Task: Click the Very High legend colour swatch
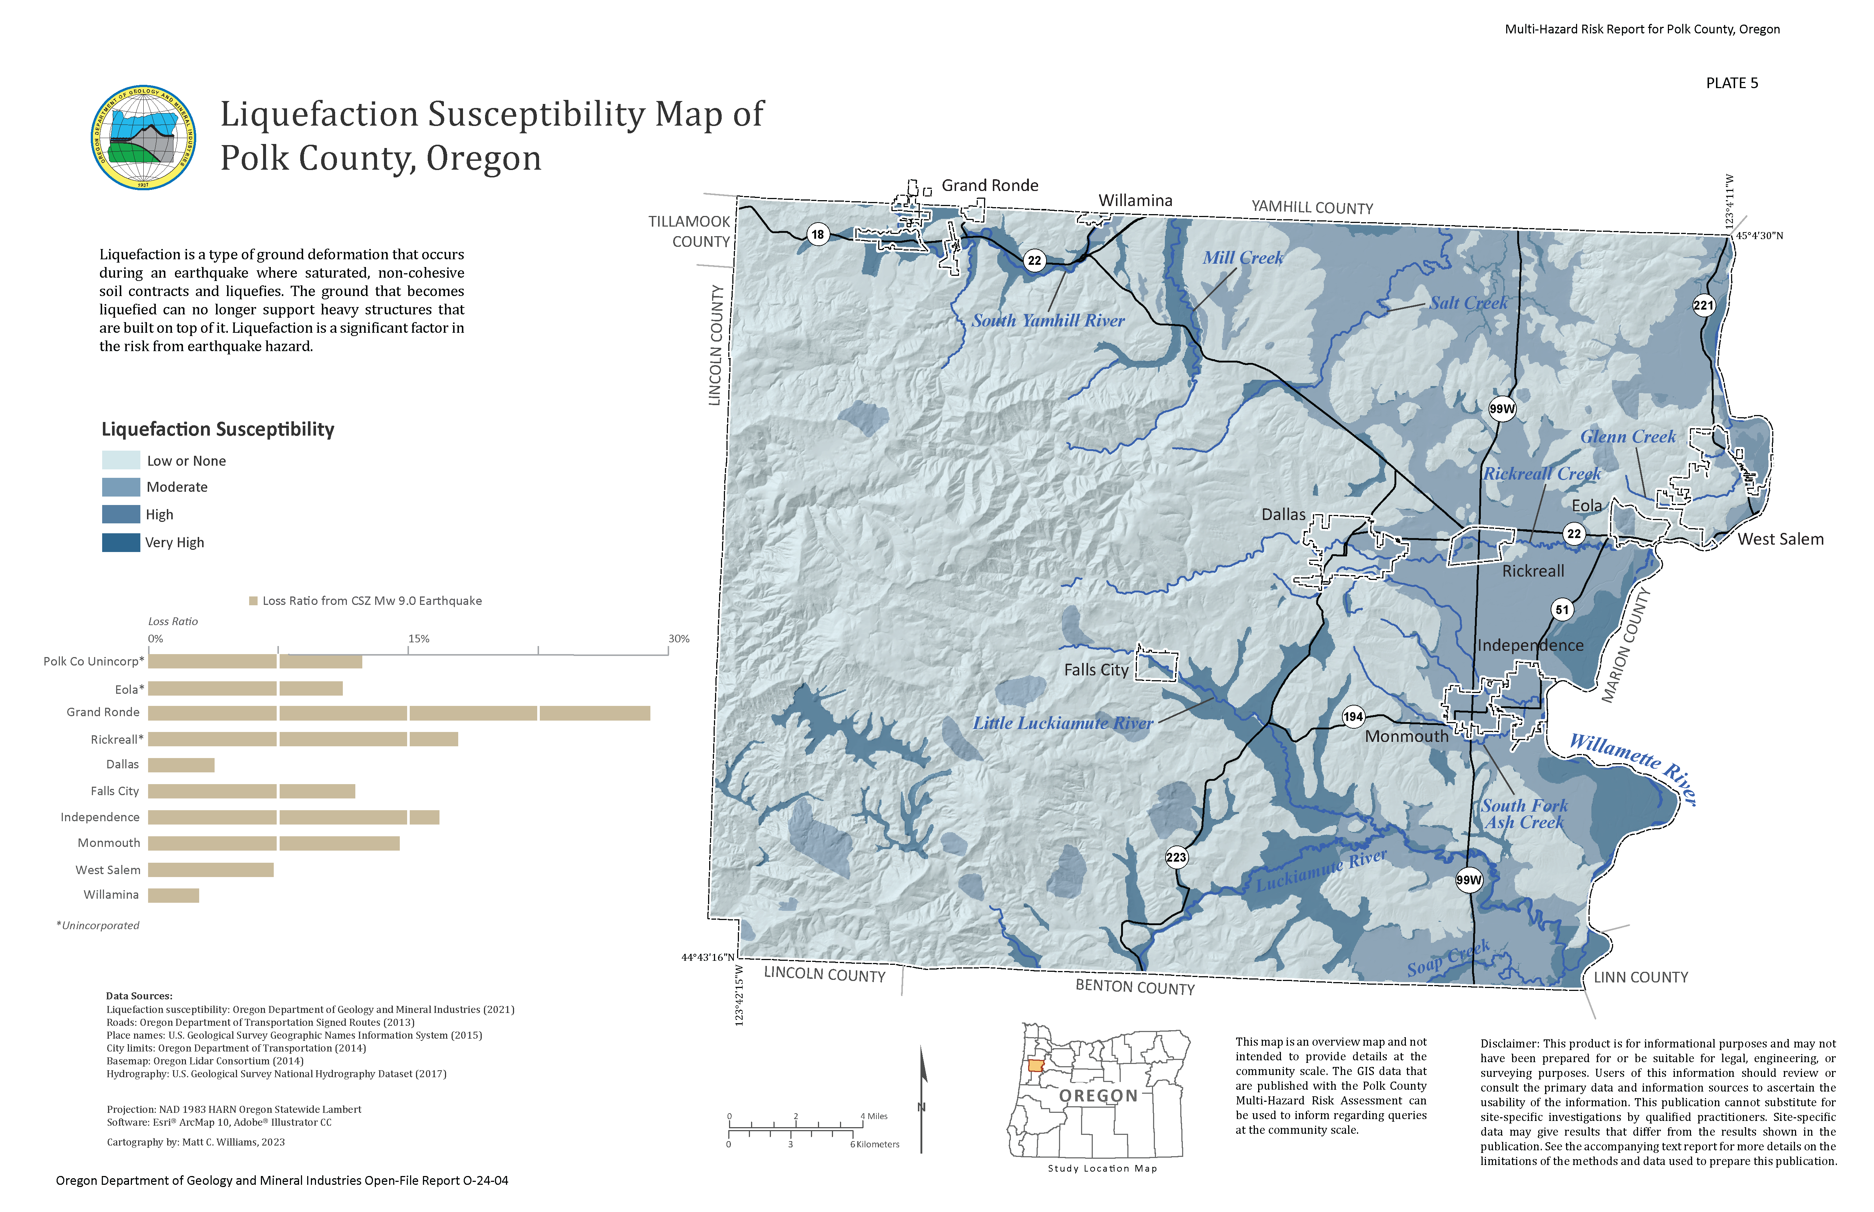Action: (121, 542)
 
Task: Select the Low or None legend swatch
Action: (121, 461)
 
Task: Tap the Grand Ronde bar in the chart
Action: (398, 713)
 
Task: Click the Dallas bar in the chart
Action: (181, 765)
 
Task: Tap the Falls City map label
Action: (1096, 670)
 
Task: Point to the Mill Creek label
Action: (1242, 258)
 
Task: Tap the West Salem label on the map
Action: (1780, 539)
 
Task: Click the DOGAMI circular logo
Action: (143, 138)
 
